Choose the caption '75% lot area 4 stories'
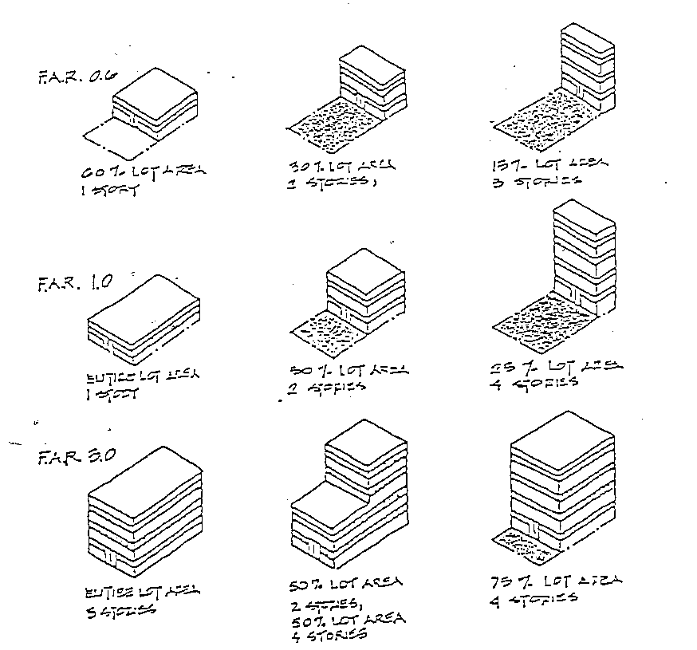tap(553, 588)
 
